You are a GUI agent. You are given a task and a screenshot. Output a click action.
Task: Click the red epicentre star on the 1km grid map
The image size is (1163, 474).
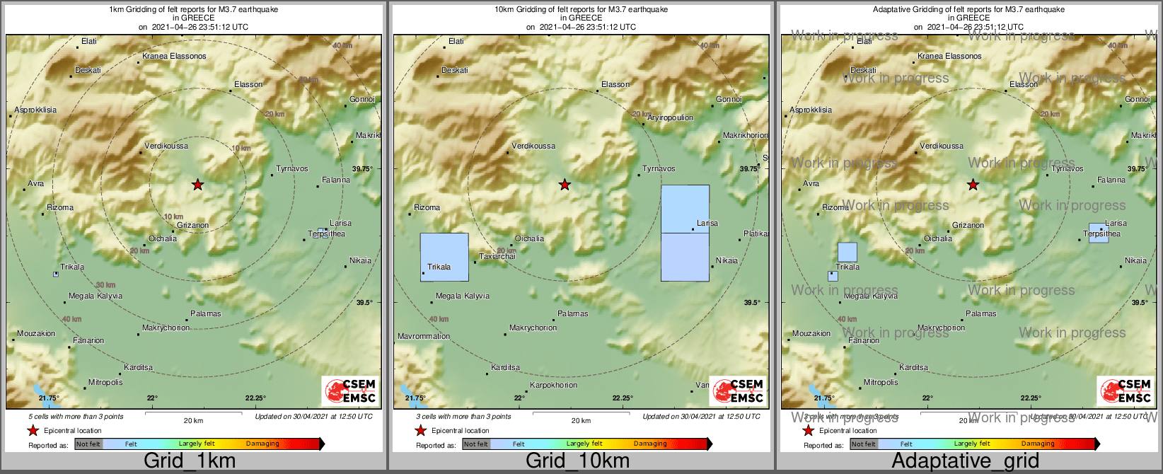(197, 185)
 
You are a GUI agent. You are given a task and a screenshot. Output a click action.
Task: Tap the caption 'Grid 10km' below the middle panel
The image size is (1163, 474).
(577, 461)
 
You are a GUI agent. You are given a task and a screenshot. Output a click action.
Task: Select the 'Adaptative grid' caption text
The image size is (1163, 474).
(965, 461)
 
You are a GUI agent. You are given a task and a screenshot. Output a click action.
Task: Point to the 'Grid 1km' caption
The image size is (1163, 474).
(190, 461)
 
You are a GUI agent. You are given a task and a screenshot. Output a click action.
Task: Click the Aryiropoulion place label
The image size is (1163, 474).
(671, 118)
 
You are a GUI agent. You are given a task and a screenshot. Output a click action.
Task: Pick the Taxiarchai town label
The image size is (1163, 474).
(497, 256)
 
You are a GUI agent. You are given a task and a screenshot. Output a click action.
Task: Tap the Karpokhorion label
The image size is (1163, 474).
(554, 386)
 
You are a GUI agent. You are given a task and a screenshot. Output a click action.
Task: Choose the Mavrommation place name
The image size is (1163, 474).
(424, 337)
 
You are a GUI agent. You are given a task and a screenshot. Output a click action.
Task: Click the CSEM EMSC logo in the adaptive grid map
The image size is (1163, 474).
(1125, 391)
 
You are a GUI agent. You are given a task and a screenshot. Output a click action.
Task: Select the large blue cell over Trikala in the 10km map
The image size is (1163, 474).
(444, 257)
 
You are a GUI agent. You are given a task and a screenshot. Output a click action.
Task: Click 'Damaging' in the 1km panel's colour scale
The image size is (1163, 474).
(262, 444)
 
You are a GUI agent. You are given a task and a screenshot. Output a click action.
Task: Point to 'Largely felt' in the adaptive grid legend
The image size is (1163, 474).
(971, 444)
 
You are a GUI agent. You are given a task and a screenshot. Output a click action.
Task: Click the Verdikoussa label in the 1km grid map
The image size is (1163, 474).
(166, 146)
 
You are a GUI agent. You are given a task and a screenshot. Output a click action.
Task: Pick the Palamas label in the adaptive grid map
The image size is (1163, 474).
(981, 313)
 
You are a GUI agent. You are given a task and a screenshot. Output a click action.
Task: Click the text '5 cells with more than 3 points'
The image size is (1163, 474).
(76, 417)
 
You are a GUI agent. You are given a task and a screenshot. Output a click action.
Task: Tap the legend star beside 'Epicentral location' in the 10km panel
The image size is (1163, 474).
(420, 430)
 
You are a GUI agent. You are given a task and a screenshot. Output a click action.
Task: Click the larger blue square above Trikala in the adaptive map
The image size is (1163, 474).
(847, 252)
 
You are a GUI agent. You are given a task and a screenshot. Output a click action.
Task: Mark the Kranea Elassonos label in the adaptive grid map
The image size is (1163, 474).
(949, 56)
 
